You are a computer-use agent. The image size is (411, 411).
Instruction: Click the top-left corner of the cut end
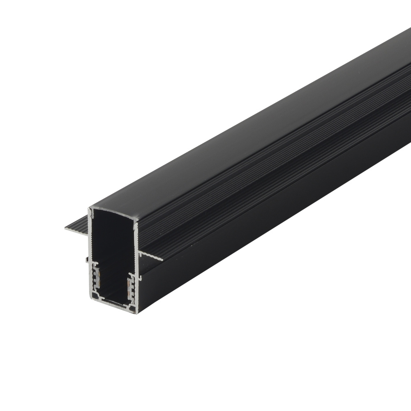90,209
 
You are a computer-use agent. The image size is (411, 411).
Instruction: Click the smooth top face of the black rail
247,136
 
